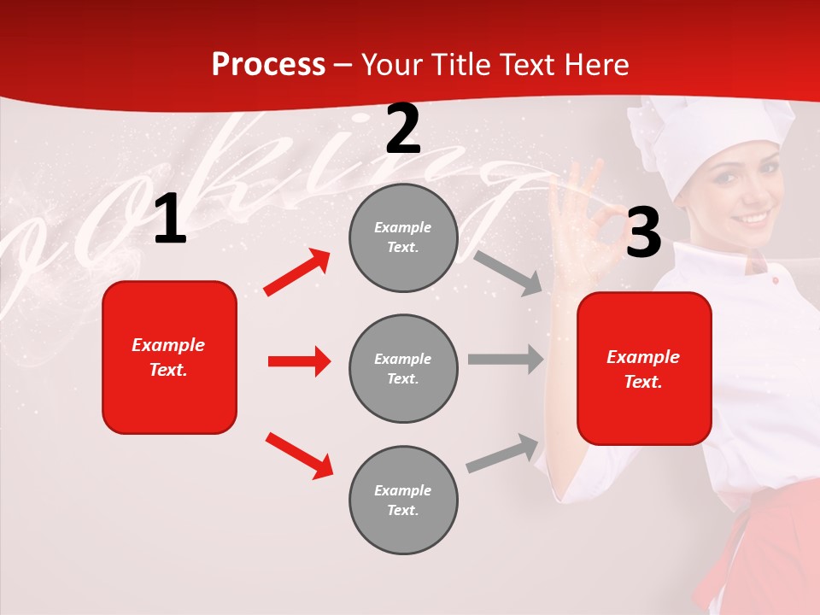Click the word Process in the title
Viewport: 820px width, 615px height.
tap(268, 65)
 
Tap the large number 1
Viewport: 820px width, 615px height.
tap(170, 220)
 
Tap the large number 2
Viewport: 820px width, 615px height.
tap(403, 130)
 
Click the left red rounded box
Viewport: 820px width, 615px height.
tap(169, 357)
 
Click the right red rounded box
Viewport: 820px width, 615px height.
tap(644, 368)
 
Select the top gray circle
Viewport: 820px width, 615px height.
tap(403, 237)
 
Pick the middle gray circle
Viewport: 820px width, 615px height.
tap(403, 368)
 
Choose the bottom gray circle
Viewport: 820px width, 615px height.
tap(403, 500)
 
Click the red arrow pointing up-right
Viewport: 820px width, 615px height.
tap(297, 272)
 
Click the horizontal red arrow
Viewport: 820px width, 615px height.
tap(299, 361)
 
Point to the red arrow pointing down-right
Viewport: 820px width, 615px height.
tap(299, 455)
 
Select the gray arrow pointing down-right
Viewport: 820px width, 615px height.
tap(507, 272)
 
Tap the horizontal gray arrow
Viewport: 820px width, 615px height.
tap(506, 360)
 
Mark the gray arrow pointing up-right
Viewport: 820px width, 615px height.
tap(503, 453)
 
